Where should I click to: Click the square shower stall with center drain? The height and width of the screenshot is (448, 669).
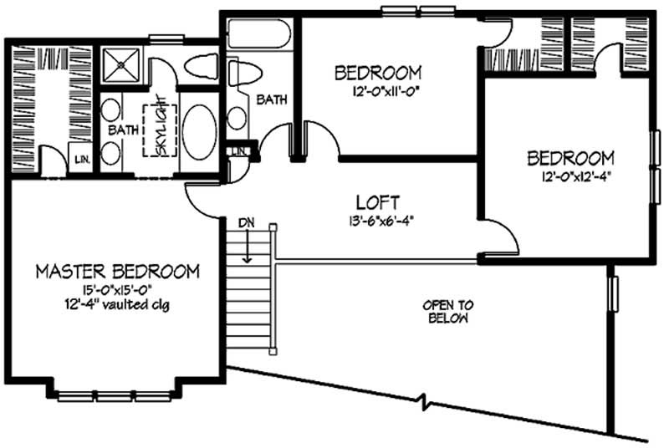[123, 64]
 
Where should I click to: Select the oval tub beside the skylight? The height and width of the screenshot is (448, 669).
[200, 131]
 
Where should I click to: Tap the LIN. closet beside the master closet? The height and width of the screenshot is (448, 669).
[81, 159]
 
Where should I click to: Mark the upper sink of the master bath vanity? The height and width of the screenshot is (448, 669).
[110, 109]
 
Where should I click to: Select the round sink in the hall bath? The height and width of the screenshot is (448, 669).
[237, 117]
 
